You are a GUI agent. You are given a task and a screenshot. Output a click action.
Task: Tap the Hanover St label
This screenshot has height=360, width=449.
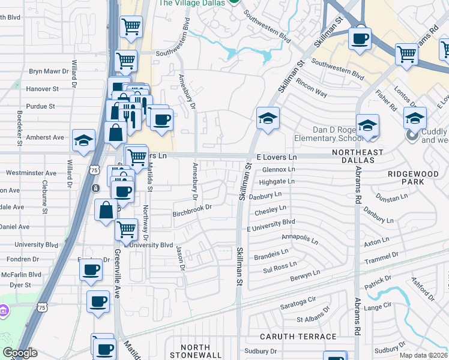tap(43, 89)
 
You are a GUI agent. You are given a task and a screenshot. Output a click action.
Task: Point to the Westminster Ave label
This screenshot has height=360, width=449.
tap(31, 173)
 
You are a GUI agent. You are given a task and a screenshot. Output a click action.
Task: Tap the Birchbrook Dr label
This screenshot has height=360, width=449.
tap(193, 208)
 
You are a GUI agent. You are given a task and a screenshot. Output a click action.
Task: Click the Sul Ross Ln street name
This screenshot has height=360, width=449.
tap(280, 267)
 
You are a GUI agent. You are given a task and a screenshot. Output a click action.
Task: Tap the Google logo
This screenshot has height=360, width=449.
tap(20, 353)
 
